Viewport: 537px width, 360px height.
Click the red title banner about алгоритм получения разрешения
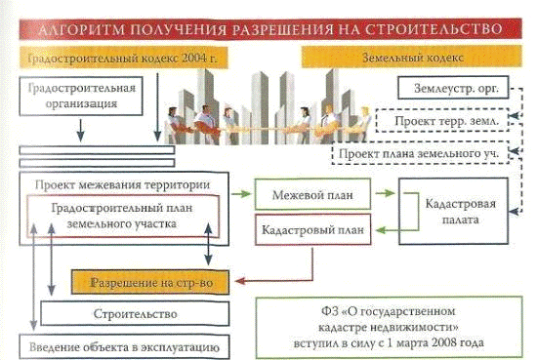click(270, 28)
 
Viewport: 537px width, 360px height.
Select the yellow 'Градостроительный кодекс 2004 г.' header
click(123, 58)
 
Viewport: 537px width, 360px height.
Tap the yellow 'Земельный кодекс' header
click(412, 57)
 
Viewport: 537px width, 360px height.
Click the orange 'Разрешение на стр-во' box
click(150, 282)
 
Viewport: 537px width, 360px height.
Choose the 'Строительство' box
click(135, 313)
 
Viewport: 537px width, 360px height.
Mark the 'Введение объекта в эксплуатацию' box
click(124, 347)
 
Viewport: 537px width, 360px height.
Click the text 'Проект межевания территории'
click(123, 184)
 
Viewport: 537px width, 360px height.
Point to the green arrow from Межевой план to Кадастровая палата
click(385, 193)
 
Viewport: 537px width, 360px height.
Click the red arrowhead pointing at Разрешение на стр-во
click(240, 281)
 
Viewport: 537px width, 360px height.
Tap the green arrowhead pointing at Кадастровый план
click(381, 230)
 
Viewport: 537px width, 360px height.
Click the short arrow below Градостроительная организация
click(80, 131)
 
